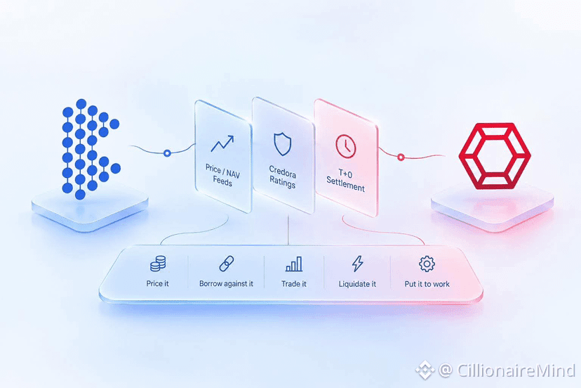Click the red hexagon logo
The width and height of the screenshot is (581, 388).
495,156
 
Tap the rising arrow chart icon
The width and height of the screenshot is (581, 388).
222,143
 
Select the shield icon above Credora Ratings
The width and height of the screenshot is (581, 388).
282,144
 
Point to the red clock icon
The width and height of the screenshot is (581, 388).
346,146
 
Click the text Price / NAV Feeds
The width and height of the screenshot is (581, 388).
222,176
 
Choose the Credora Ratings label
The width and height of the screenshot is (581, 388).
282,176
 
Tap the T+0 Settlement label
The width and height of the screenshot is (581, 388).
345,180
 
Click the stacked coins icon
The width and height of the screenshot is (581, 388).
158,264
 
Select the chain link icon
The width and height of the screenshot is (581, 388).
227,264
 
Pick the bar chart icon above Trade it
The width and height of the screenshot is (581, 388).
294,264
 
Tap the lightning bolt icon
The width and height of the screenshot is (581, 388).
358,264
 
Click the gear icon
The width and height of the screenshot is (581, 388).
427,264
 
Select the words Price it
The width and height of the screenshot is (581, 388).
157,284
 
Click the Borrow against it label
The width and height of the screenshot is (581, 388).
226,284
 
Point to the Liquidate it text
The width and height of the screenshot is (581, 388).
357,284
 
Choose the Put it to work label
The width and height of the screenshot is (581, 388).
427,284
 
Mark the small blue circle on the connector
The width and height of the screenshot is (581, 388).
167,153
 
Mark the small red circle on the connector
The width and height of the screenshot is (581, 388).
401,157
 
